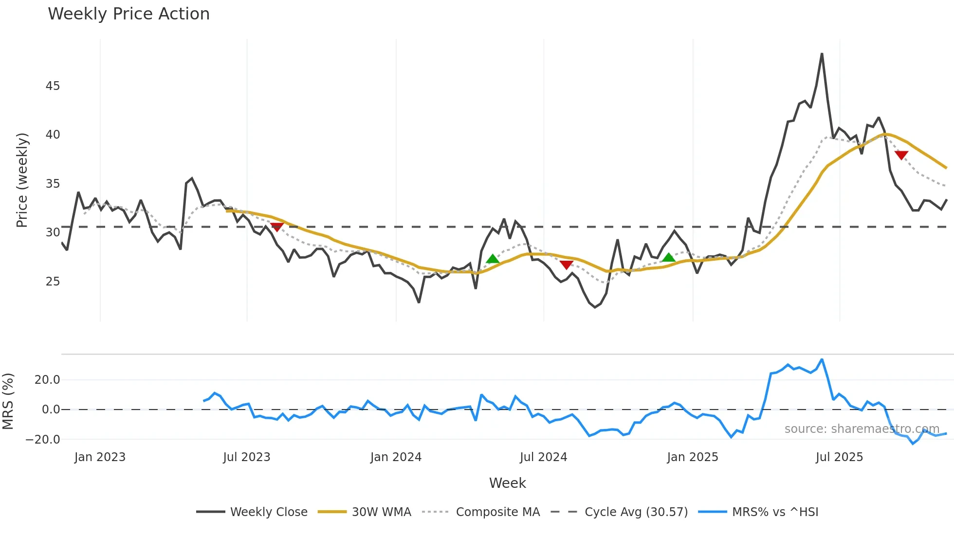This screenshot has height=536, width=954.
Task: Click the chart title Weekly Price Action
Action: tap(128, 14)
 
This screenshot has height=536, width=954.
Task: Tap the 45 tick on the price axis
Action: tap(53, 86)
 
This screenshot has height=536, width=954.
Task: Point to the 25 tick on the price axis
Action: tap(53, 282)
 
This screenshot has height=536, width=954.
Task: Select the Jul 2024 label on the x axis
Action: tap(543, 457)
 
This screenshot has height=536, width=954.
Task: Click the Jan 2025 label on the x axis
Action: tap(692, 457)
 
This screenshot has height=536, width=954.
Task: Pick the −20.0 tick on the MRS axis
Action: tap(43, 439)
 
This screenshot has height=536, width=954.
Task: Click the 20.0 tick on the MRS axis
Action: tap(47, 380)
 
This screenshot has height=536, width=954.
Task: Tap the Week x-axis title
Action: tap(507, 483)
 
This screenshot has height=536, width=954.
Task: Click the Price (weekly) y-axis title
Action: tap(22, 180)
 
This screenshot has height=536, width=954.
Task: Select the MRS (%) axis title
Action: tap(8, 401)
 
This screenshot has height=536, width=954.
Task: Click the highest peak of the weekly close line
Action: tap(822, 54)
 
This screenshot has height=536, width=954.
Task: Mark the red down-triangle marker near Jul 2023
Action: tap(276, 227)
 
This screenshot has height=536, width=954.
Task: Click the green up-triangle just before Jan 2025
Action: tap(669, 257)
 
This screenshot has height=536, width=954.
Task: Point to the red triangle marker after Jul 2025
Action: tap(901, 155)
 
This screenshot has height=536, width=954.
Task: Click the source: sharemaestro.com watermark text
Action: tap(862, 429)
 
